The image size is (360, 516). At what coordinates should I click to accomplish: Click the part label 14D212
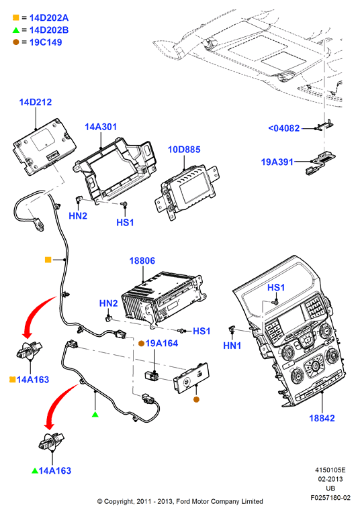pos(36,102)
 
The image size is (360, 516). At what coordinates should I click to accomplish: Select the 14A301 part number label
pos(101,127)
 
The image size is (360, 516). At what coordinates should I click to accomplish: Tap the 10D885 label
pos(184,150)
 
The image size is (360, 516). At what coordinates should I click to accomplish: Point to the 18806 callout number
pos(142,260)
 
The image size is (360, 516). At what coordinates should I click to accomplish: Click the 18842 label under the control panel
pos(322,418)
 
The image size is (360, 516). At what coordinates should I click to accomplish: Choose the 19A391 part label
pos(277,162)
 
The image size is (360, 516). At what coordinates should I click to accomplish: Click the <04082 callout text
pos(284,128)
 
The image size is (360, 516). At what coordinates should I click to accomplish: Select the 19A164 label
pos(162,344)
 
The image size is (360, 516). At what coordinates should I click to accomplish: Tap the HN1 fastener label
pos(232,346)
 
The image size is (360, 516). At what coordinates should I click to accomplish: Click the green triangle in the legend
pos(16,30)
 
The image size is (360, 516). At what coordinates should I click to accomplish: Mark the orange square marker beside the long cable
pos(48,260)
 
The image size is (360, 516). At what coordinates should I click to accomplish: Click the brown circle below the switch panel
pos(196,399)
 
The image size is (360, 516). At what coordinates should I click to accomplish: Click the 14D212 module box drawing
pos(44,146)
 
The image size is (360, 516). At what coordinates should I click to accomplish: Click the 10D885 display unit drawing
pos(187,191)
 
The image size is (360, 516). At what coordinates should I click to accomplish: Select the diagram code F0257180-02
pos(330,498)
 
